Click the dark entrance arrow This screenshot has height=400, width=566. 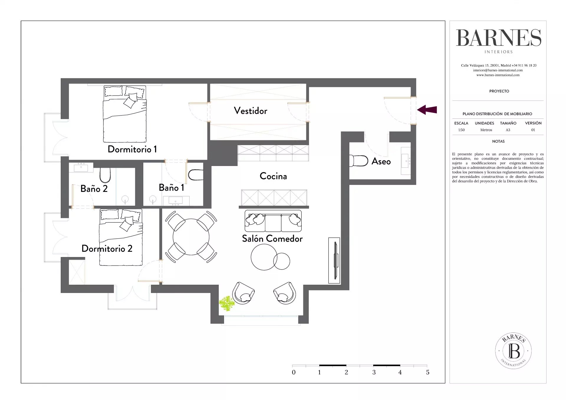coord(427,110)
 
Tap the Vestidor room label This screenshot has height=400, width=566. coord(251,111)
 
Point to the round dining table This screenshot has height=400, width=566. coord(191,237)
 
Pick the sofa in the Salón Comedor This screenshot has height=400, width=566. coord(273,221)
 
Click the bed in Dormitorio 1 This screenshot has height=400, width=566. coord(125,114)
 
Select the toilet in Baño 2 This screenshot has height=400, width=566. coord(105,175)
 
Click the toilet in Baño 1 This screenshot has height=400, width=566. coord(196,175)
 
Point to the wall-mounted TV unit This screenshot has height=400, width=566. coord(334,261)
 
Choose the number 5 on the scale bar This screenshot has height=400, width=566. coord(428,372)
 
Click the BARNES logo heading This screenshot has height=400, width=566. coord(499,38)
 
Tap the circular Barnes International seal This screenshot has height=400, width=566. coord(513,350)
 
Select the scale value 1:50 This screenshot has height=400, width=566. coord(461,130)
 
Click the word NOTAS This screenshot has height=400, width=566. coord(498,141)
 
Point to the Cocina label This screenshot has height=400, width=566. coord(273,176)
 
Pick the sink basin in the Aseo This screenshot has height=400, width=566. coord(406,161)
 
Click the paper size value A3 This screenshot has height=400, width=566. coord(508,130)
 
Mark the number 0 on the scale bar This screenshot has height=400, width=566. coord(294,372)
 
